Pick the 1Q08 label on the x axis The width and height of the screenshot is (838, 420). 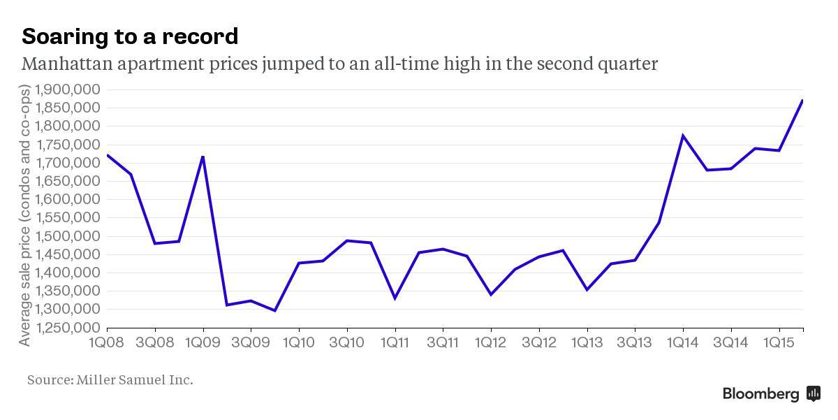point(107,342)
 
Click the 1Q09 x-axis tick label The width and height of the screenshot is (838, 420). point(203,342)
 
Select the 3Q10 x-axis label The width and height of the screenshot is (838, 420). point(347,342)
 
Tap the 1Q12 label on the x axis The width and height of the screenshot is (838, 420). point(491,342)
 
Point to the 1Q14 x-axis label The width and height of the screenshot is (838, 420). point(683,342)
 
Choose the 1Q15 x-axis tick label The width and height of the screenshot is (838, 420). point(779,342)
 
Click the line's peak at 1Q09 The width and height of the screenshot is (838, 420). point(203,157)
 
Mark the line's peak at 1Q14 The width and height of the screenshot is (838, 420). point(682,136)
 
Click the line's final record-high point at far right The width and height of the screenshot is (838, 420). point(802,101)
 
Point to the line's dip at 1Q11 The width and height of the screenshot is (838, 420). point(395,298)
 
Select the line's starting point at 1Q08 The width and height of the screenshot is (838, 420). point(108,155)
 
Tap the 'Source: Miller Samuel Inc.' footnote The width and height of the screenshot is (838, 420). point(110,380)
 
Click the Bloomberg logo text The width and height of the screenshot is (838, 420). point(760,394)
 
